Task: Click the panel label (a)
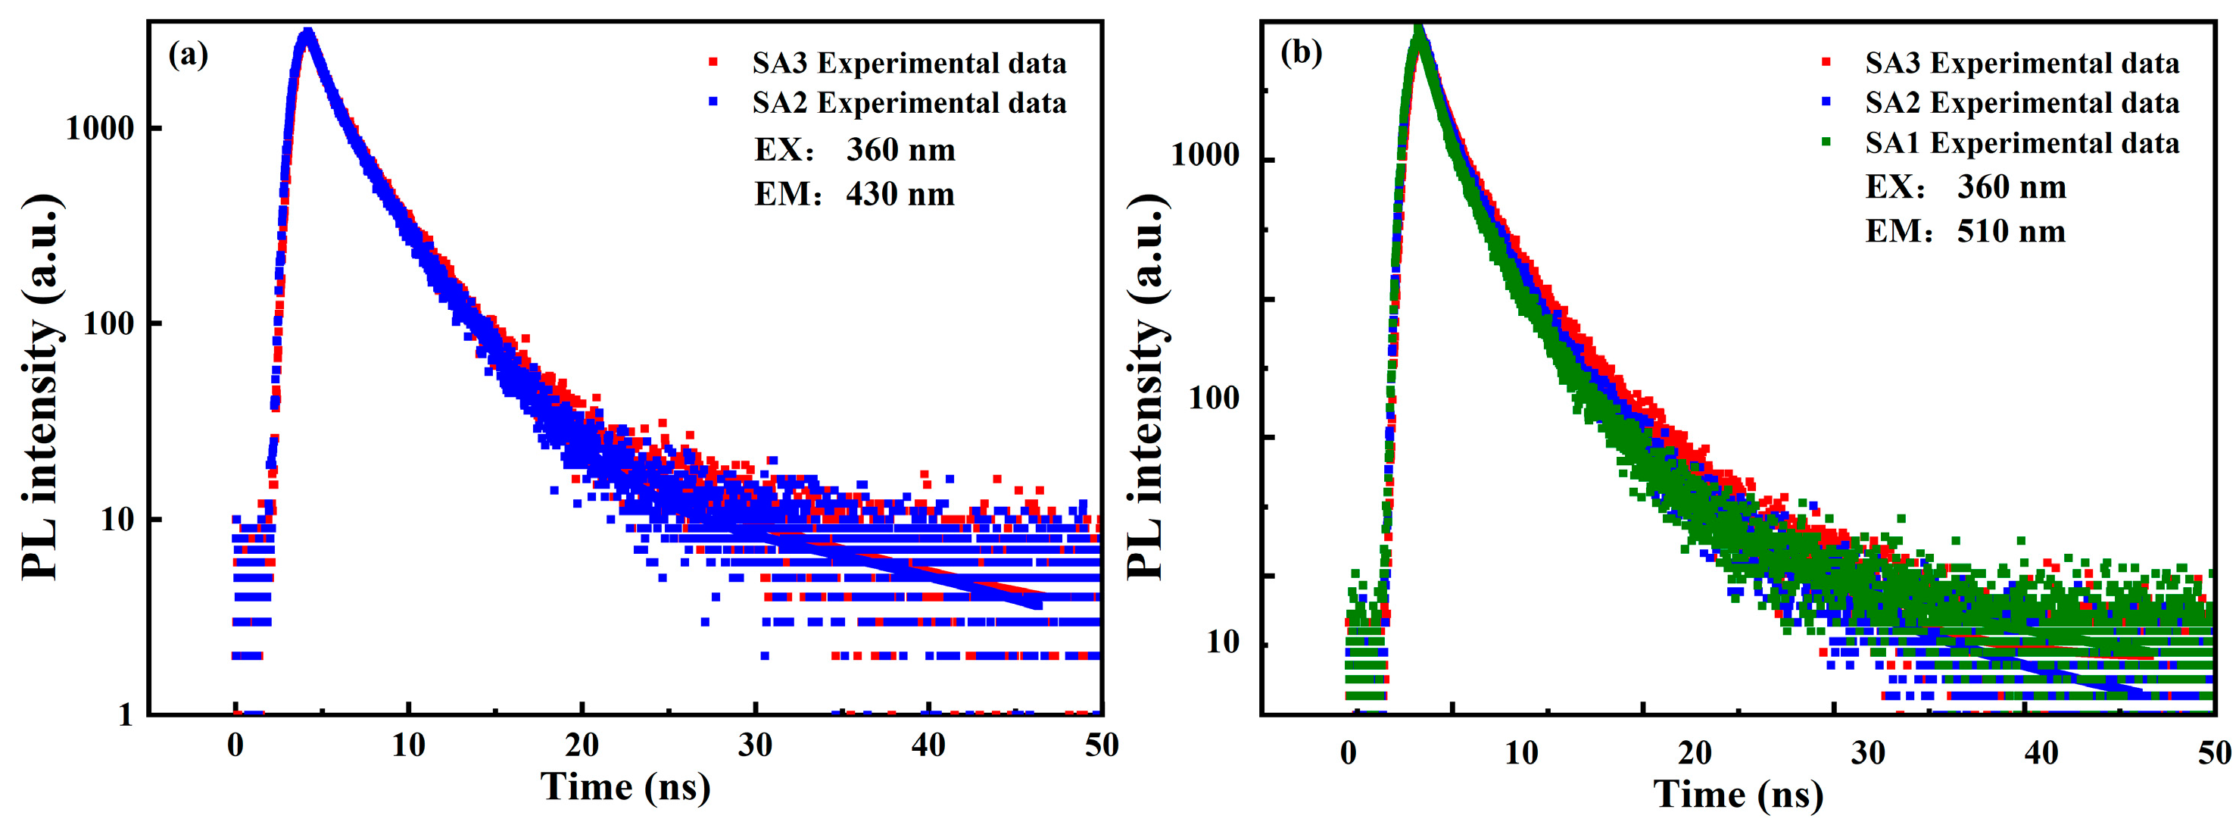(188, 55)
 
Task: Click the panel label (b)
(1300, 52)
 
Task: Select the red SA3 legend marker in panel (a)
(713, 61)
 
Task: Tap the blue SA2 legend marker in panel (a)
(713, 102)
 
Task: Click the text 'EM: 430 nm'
(854, 194)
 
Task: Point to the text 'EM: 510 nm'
(1965, 231)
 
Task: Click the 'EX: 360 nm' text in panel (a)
(854, 149)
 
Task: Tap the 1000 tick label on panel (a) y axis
(100, 129)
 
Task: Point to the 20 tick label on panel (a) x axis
(582, 745)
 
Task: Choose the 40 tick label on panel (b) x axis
(2041, 752)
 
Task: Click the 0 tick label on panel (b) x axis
(1348, 752)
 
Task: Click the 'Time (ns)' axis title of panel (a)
(625, 787)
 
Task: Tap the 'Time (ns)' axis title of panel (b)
(1738, 794)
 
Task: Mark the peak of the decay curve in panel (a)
(306, 33)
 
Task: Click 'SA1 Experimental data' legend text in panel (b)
(2022, 142)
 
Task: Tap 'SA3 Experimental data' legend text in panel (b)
(2022, 63)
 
